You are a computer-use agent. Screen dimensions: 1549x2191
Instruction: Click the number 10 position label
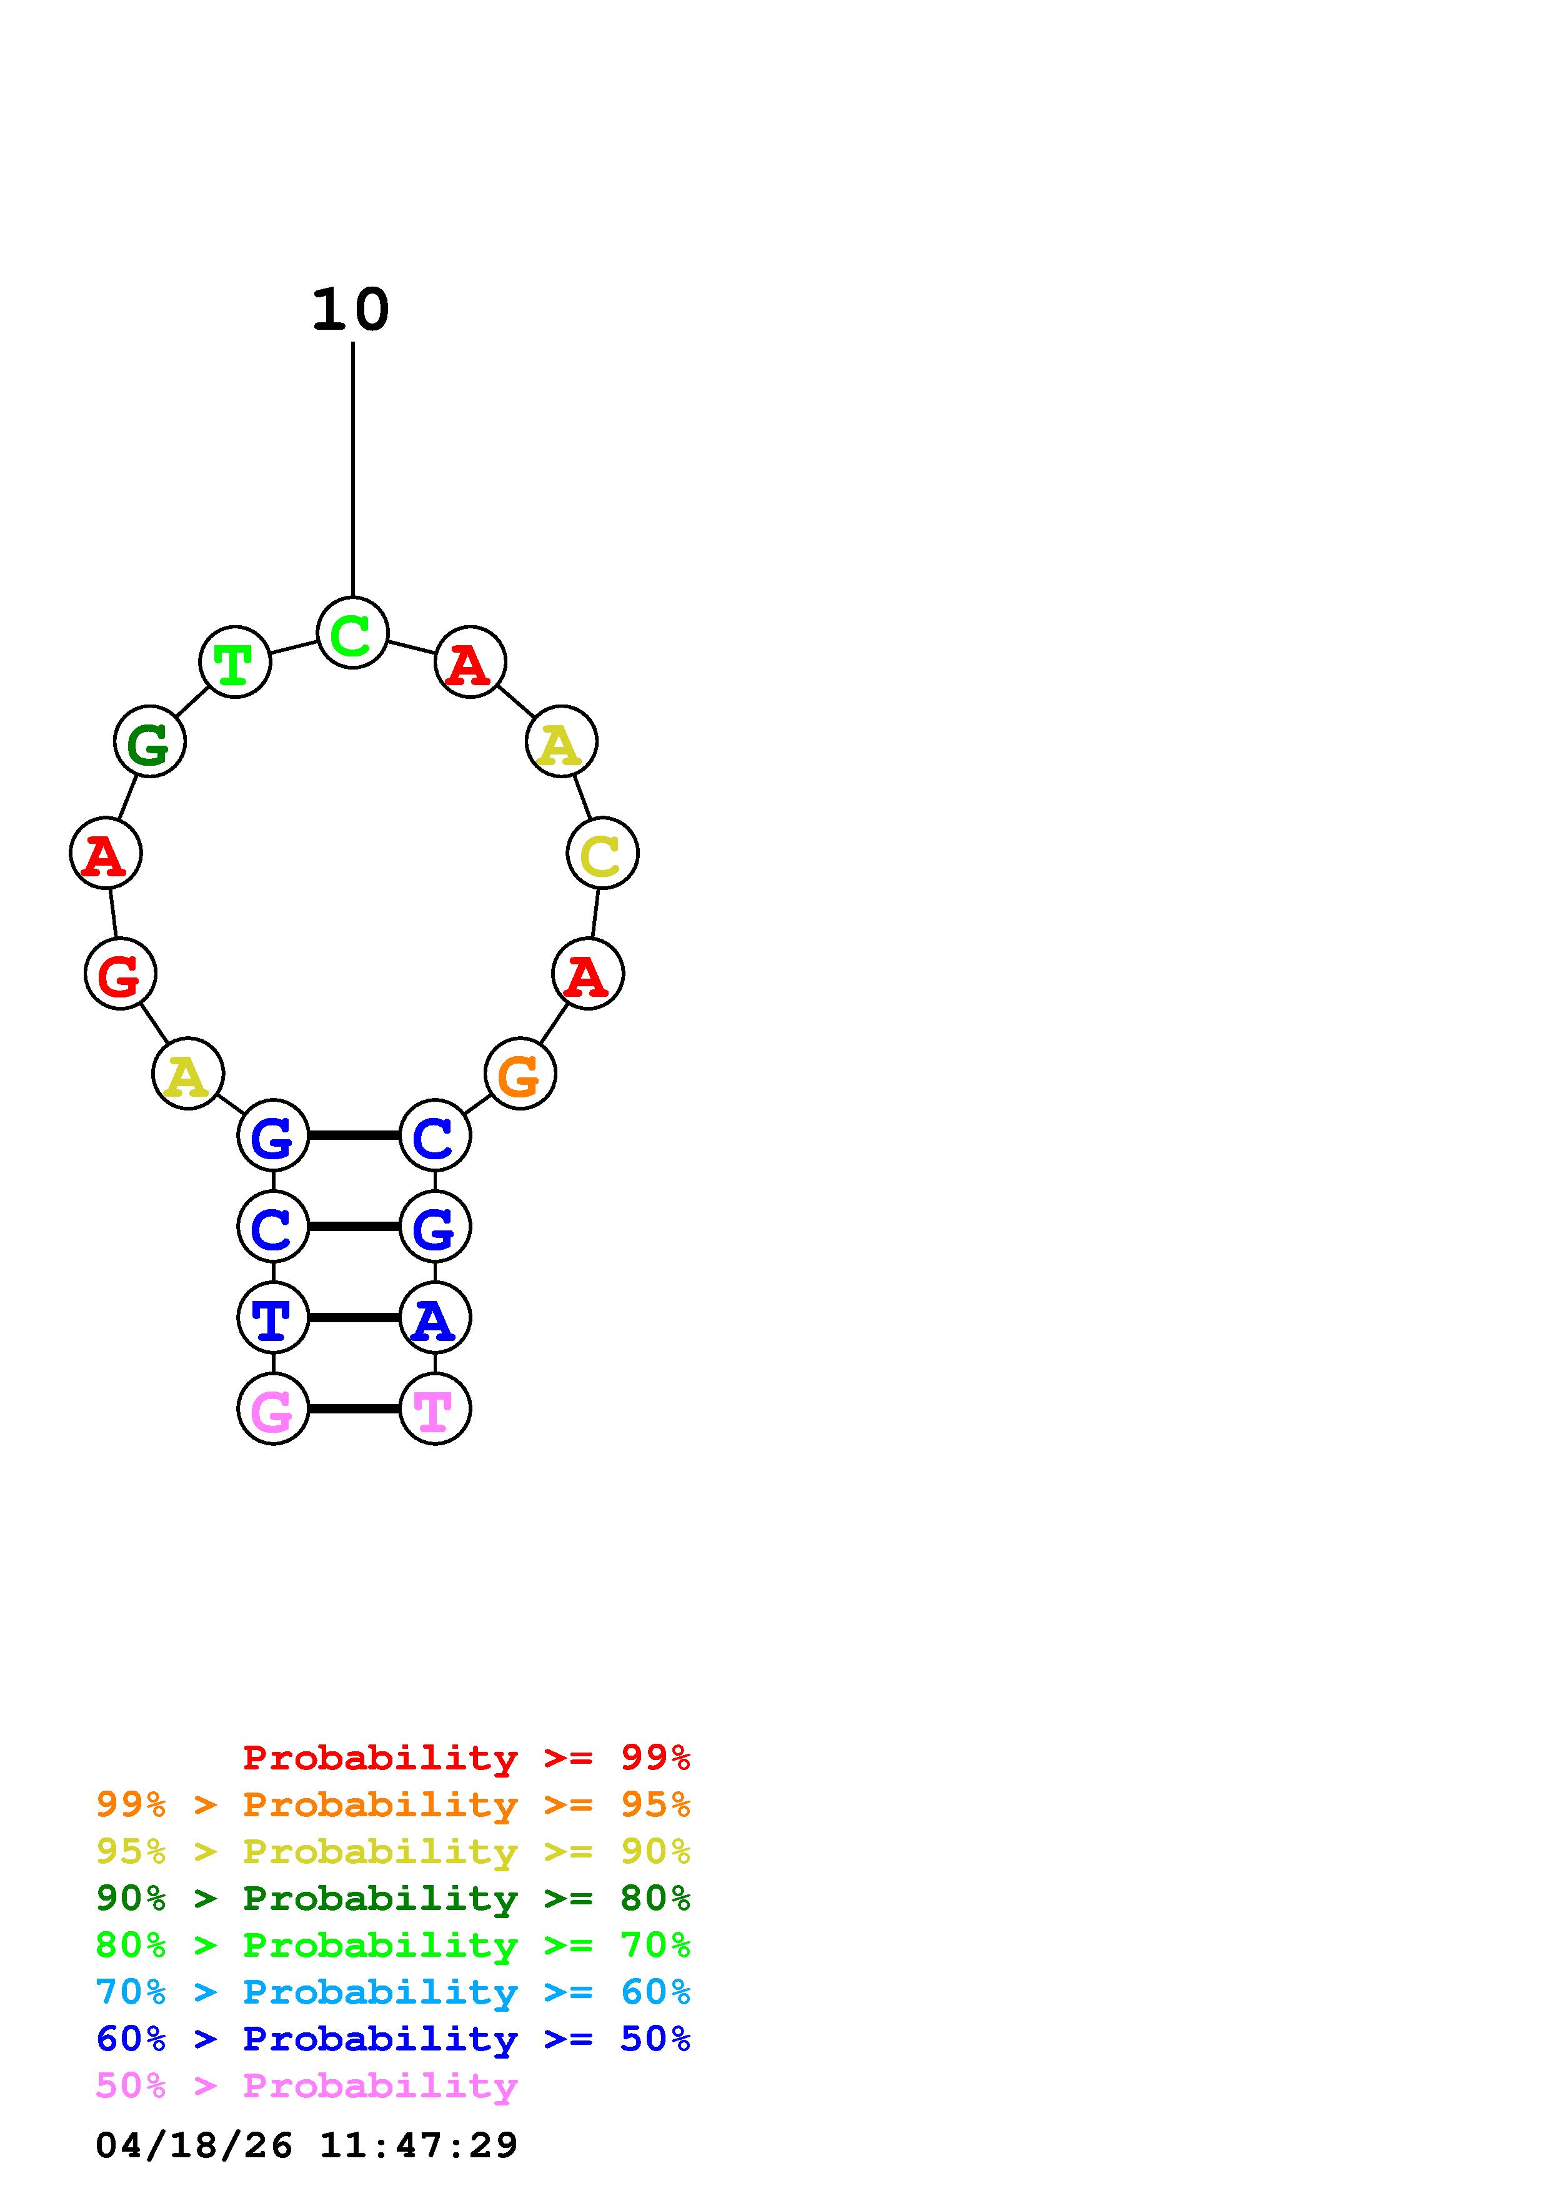click(351, 310)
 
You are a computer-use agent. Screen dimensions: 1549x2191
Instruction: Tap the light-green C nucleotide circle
click(352, 633)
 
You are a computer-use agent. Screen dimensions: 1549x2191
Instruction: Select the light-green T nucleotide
click(235, 662)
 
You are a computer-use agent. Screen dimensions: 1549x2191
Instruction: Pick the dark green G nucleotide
click(150, 741)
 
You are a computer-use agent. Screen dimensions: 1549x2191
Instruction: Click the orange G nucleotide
click(520, 1074)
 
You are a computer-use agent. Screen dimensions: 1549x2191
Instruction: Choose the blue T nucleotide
click(273, 1318)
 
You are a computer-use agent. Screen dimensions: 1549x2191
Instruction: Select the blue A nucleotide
click(436, 1318)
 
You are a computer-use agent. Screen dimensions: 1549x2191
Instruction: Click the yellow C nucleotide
click(602, 853)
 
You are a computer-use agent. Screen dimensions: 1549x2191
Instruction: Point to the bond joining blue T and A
click(354, 1318)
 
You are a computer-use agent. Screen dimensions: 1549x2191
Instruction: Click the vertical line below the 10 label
click(353, 468)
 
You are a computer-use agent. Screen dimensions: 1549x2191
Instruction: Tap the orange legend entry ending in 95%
click(393, 1804)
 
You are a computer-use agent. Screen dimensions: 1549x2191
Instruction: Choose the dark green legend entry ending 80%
click(393, 1898)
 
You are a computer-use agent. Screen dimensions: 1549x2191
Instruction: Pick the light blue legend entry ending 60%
click(393, 1992)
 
